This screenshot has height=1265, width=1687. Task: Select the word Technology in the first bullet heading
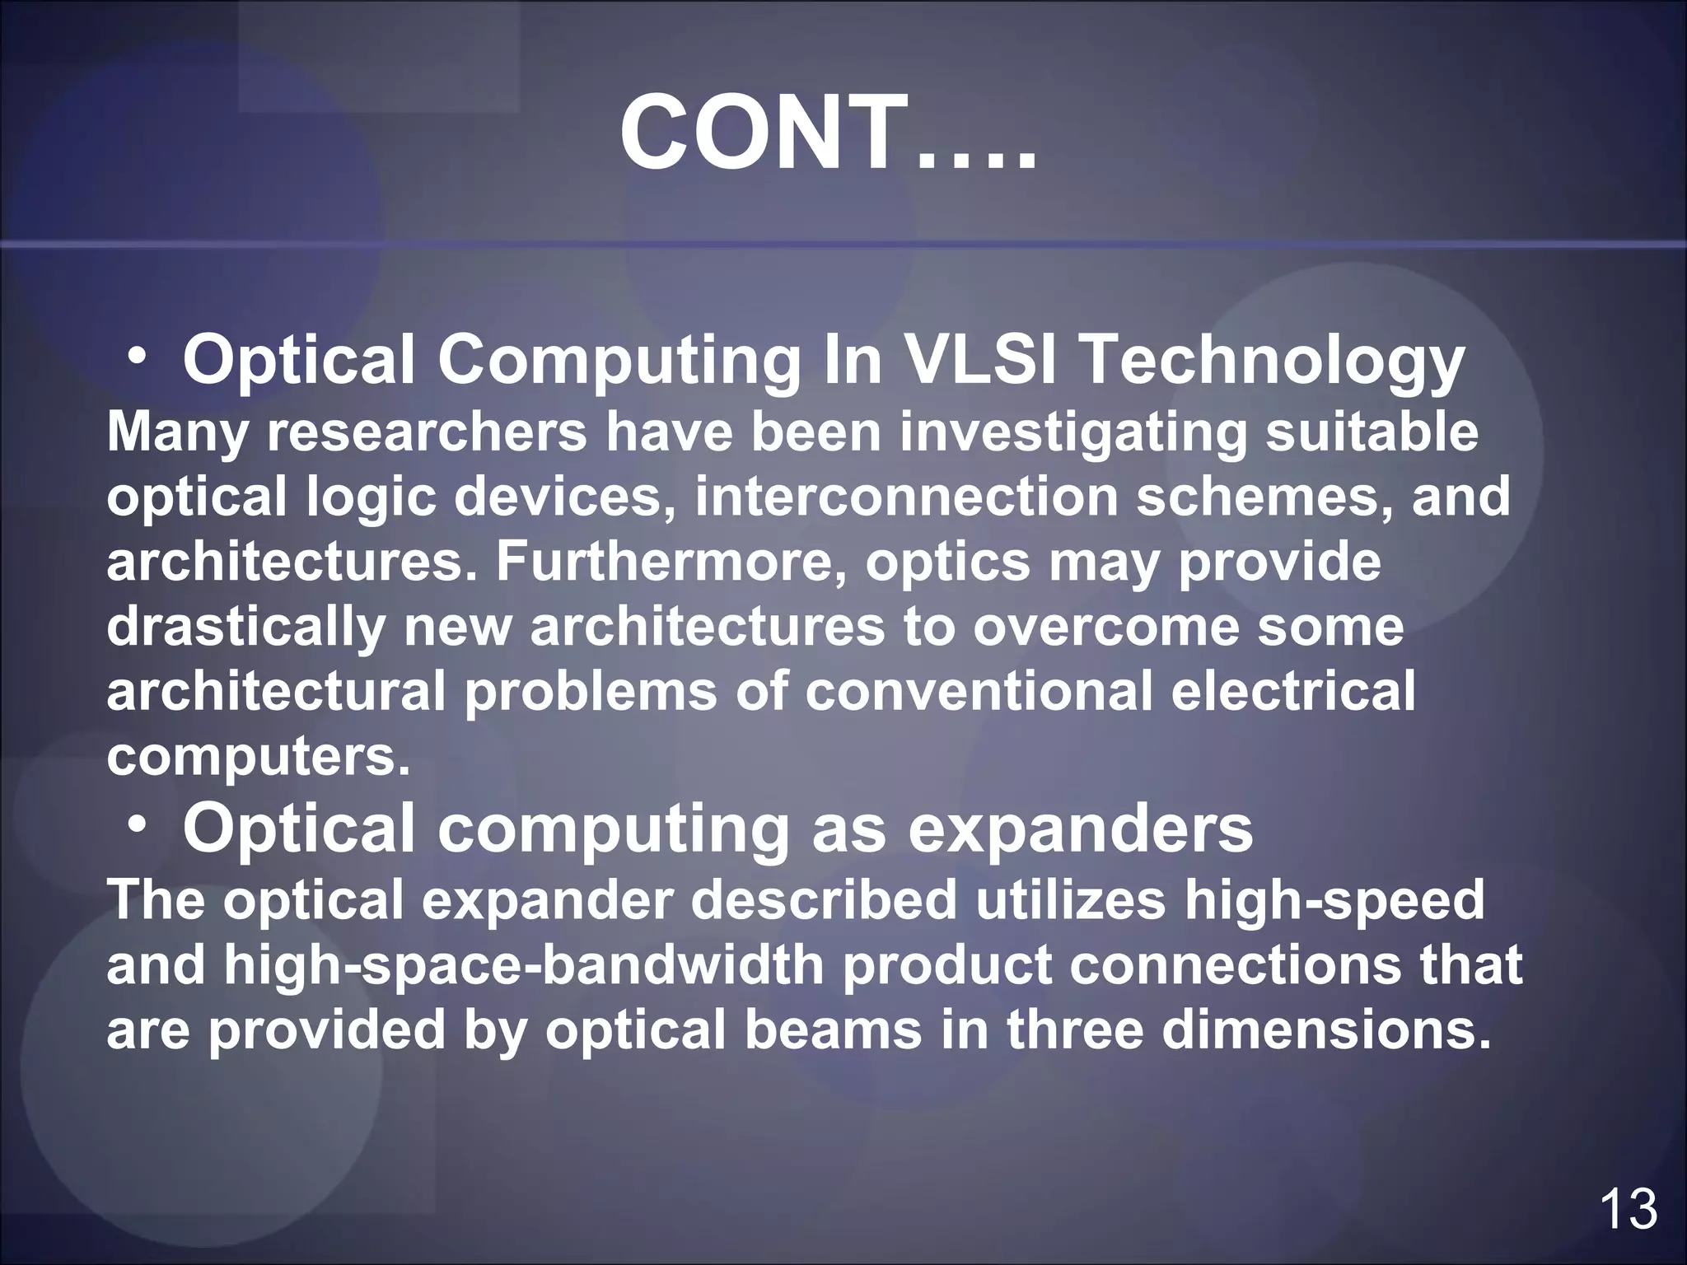[1272, 362]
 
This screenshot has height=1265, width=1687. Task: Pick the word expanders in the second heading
[1080, 830]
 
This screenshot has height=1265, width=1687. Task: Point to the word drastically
[245, 628]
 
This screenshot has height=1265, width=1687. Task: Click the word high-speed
[1334, 901]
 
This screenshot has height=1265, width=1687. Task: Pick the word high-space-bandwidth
[524, 966]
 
